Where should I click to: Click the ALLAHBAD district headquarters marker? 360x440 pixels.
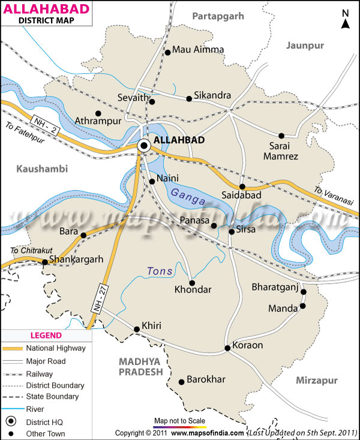point(144,145)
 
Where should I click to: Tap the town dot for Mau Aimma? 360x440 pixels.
point(167,53)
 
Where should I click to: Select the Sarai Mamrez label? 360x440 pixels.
point(280,150)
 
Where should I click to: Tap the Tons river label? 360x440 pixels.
point(160,272)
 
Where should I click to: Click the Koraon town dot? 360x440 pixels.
point(227,348)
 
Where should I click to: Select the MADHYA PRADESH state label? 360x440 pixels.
point(141,367)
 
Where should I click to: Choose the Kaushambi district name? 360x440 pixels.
point(43,169)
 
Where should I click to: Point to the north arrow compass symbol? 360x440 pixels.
point(345,20)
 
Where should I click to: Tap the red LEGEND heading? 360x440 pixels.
point(46,335)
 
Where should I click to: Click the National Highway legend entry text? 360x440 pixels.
point(55,348)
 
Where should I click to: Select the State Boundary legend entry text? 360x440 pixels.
point(52,397)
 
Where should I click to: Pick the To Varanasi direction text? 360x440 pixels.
point(334,199)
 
